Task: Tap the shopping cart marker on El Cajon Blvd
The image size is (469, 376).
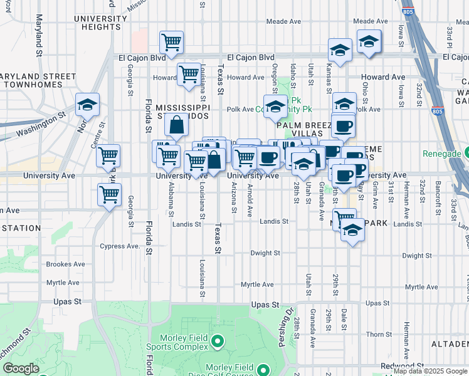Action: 171,43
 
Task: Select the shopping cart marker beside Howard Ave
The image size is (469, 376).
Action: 188,74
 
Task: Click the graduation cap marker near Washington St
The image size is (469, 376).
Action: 88,105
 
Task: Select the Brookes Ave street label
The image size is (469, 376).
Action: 65,264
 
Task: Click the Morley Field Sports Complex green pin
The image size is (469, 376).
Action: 218,342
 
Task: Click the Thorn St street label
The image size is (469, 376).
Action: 379,335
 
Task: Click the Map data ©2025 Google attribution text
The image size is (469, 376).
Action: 429,371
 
